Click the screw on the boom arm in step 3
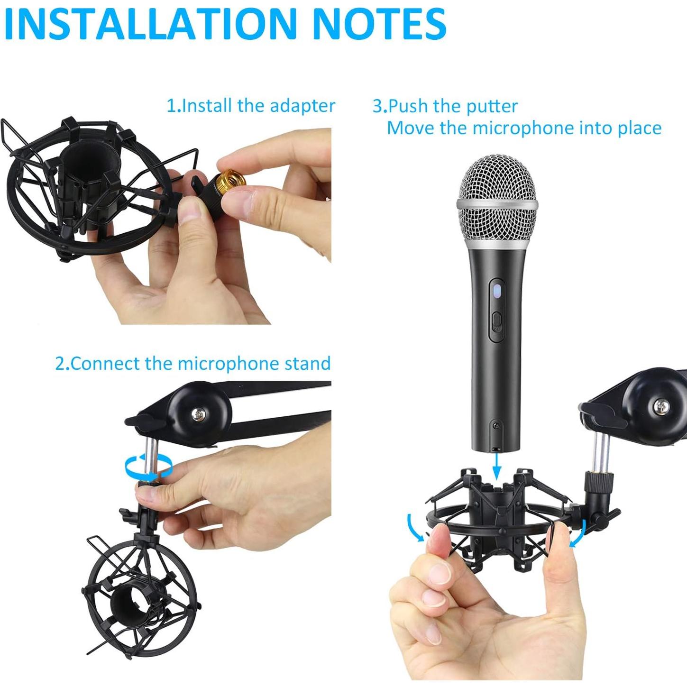point(660,406)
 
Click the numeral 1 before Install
point(171,106)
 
